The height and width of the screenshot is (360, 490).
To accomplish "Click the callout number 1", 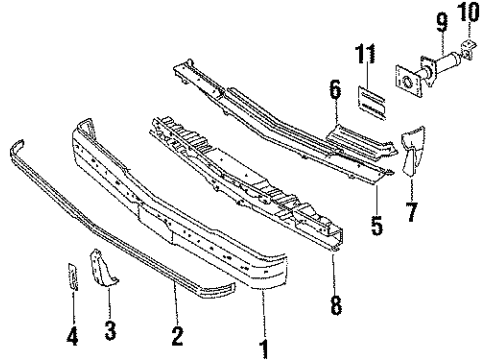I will pyautogui.click(x=265, y=347).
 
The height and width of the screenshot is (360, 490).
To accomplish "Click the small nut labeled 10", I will pyautogui.click(x=468, y=48).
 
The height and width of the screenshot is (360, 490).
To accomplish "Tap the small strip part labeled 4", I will pyautogui.click(x=71, y=277).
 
